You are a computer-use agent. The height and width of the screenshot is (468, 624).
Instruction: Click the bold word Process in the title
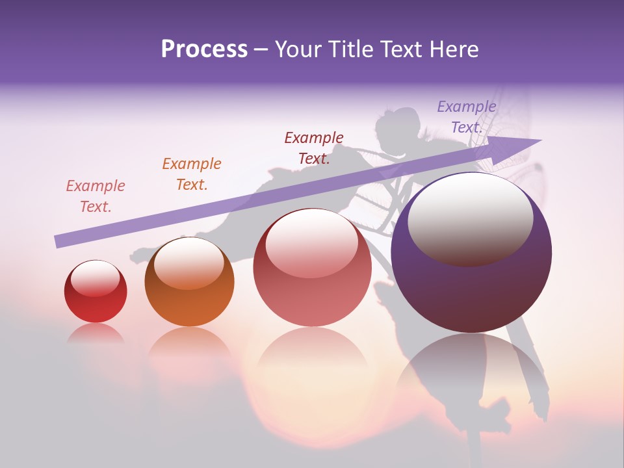(204, 49)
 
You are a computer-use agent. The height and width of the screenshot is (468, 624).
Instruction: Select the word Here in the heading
(453, 49)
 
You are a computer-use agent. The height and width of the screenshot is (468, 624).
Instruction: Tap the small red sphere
(96, 292)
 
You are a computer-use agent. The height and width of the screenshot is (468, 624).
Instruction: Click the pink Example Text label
(96, 196)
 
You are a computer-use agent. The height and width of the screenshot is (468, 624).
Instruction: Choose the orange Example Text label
(192, 174)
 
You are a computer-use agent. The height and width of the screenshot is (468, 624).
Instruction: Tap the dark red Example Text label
(314, 148)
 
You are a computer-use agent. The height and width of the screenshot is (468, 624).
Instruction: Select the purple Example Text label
(467, 117)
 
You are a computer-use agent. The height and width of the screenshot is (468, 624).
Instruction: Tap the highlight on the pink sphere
(311, 242)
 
